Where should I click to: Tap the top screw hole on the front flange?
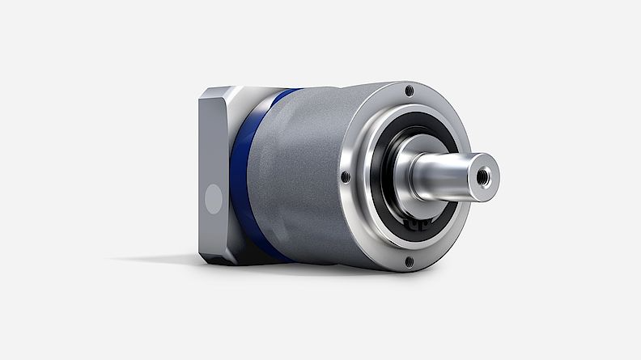409,91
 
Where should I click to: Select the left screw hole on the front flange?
346,176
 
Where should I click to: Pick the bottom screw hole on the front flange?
409,260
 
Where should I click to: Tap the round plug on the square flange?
212,199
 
